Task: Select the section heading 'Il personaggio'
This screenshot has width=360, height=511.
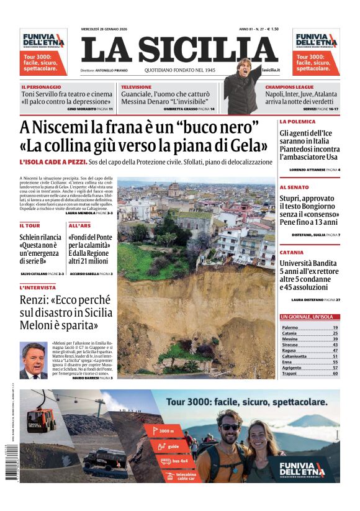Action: [x=41, y=87]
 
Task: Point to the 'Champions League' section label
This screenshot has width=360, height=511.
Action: [x=289, y=87]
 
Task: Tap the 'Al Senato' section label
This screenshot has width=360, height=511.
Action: [x=295, y=187]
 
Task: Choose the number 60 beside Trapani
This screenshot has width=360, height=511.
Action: [x=335, y=374]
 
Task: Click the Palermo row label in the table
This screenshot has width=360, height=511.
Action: [x=290, y=327]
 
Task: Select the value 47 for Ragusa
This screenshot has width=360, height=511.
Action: [x=335, y=351]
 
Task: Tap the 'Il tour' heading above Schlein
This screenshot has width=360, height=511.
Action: [x=30, y=225]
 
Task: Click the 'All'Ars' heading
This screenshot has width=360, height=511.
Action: [x=79, y=225]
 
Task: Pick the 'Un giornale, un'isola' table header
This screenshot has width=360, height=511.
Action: [x=307, y=317]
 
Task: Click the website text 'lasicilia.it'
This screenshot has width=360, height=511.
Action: [x=271, y=71]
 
